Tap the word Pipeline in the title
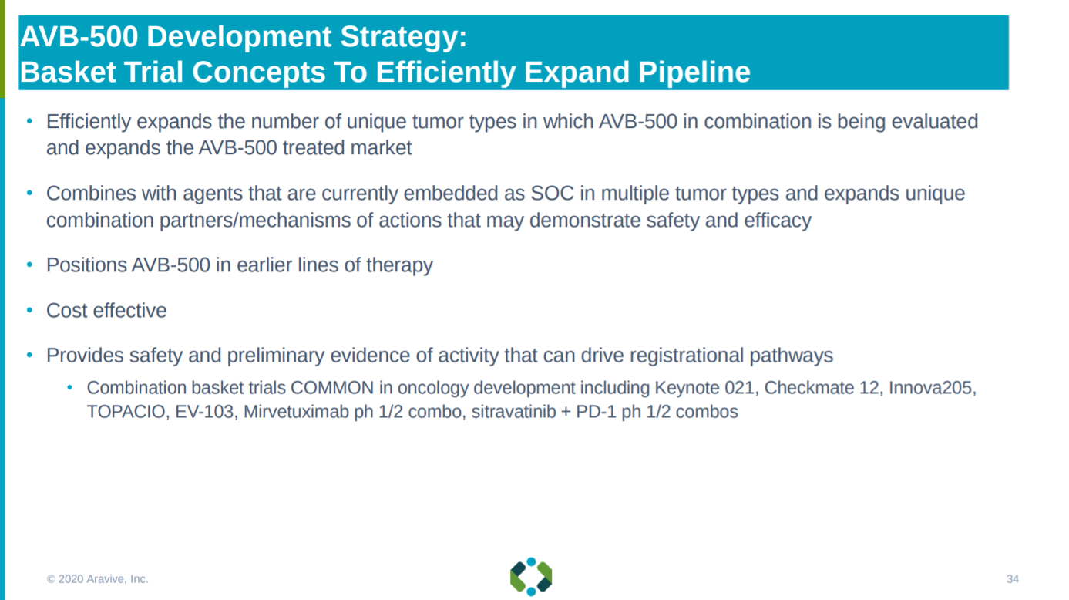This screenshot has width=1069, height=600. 694,72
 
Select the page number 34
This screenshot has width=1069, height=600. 1013,579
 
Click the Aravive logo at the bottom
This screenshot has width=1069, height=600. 531,577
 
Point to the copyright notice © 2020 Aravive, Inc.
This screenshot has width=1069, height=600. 97,579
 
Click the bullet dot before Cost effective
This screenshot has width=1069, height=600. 29,311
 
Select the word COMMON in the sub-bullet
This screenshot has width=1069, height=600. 332,388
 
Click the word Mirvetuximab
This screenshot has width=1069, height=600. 296,412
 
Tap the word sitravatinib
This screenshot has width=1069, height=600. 513,412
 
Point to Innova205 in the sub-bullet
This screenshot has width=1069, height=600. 932,388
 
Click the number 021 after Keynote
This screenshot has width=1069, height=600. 741,388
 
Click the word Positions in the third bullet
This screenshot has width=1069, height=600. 86,265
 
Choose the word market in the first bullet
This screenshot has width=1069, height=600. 381,148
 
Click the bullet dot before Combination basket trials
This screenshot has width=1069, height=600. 69,387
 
